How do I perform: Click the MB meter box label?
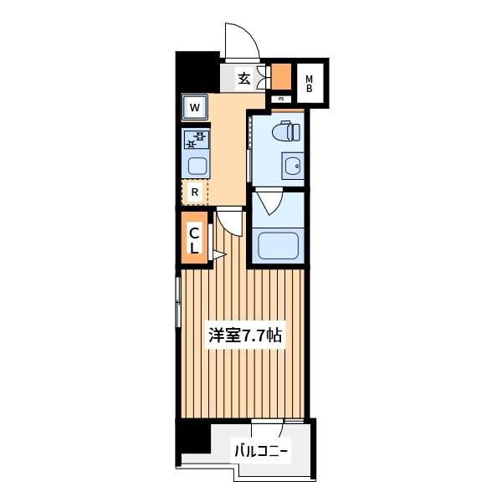pyautogui.click(x=309, y=83)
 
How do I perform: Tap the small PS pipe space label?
pyautogui.click(x=281, y=99)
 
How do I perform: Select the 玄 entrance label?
pyautogui.click(x=244, y=78)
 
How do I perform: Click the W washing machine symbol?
pyautogui.click(x=195, y=107)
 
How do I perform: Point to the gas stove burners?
pyautogui.click(x=197, y=140)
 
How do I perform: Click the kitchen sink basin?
pyautogui.click(x=197, y=166)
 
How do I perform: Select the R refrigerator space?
pyautogui.click(x=195, y=192)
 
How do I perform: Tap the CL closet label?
pyautogui.click(x=194, y=241)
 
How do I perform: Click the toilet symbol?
pyautogui.click(x=286, y=131)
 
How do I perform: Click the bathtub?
pyautogui.click(x=279, y=245)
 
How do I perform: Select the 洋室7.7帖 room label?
pyautogui.click(x=245, y=336)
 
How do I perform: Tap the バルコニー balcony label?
pyautogui.click(x=261, y=452)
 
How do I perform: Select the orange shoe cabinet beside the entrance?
pyautogui.click(x=281, y=76)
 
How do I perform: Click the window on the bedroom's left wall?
pyautogui.click(x=178, y=302)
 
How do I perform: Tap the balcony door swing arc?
pyautogui.click(x=282, y=429)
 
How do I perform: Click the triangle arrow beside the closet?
pyautogui.click(x=219, y=255)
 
